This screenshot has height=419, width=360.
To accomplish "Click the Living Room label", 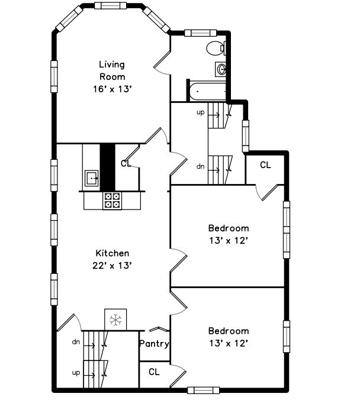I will coord(112,70).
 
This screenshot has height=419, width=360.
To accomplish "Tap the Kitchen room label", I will coord(112,253).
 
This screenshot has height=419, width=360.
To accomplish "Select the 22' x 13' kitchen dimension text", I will coord(112,265).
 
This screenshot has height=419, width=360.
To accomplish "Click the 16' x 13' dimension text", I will coord(112,89).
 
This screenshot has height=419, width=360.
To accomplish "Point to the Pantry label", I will coord(154,344).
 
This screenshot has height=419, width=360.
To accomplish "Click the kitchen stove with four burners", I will coord(112,201).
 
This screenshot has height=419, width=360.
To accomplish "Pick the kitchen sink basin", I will coord(91,176).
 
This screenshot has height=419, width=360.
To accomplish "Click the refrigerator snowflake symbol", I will coord(115,320).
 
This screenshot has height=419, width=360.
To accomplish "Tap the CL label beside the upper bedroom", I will coord(265,165).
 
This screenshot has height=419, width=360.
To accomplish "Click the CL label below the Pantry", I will coord(154,372).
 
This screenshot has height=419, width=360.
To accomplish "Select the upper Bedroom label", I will coord(228,228).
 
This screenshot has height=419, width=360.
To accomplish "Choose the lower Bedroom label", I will coord(228,331).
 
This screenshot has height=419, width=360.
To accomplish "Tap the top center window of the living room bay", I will coord(111,6).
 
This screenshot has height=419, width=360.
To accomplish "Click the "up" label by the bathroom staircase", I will coord(200,112).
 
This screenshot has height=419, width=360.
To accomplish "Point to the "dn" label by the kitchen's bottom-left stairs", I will coord(76,341).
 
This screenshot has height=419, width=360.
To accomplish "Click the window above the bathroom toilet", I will coord(202,33).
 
